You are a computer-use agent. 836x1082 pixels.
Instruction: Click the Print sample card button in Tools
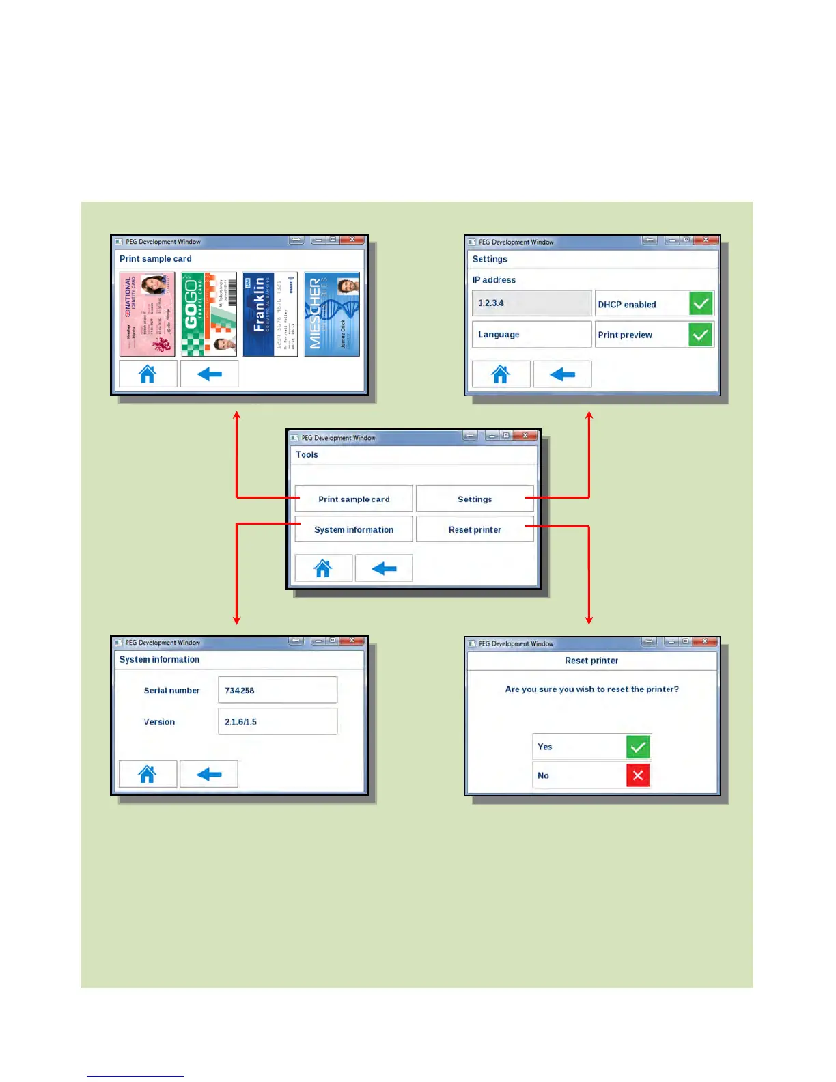(354, 499)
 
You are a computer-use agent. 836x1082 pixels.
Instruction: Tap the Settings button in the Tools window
(475, 499)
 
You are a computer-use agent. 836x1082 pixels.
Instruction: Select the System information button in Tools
(354, 529)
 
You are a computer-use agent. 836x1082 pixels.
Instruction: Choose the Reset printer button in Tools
(475, 529)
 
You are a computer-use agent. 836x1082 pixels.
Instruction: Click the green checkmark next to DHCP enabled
(701, 303)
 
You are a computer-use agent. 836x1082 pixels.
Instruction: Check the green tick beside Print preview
(701, 335)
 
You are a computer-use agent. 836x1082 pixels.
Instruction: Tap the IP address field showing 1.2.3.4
(531, 303)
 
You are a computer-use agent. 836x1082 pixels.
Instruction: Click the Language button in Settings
(531, 335)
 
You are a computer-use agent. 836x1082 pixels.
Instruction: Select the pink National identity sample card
(148, 314)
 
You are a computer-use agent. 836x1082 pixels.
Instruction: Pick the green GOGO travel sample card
(209, 314)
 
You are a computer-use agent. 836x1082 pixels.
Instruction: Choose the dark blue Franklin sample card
(270, 314)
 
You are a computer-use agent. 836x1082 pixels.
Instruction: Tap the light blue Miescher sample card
(332, 314)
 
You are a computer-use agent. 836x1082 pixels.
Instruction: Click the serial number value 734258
(277, 690)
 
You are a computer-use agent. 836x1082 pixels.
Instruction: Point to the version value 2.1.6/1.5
(277, 721)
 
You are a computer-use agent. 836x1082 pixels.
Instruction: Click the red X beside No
(638, 775)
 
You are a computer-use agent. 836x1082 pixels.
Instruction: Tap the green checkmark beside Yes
(638, 747)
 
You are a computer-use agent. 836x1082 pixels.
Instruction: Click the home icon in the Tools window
(323, 568)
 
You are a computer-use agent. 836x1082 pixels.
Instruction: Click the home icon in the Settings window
(501, 374)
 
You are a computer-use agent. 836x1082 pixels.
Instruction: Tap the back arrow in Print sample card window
(209, 374)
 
